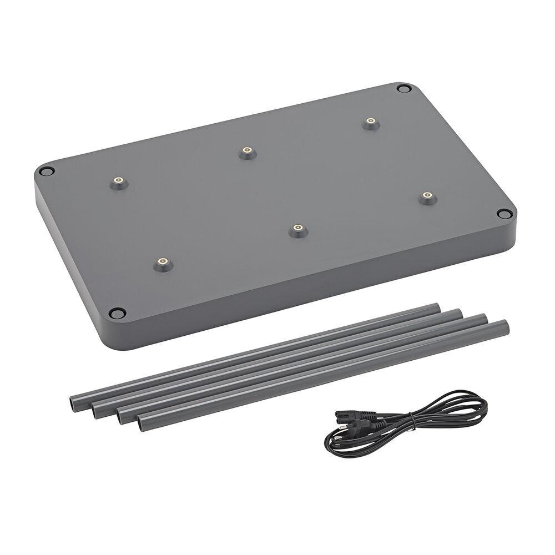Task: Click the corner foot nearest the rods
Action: coord(117,314)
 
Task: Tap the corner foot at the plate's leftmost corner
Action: coord(47,171)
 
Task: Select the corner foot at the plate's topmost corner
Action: coord(404,88)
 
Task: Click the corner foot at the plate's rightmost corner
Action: coord(504,214)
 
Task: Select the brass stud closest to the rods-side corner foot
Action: coord(163,262)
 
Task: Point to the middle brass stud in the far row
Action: coord(247,151)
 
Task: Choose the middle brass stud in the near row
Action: coord(297,229)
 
